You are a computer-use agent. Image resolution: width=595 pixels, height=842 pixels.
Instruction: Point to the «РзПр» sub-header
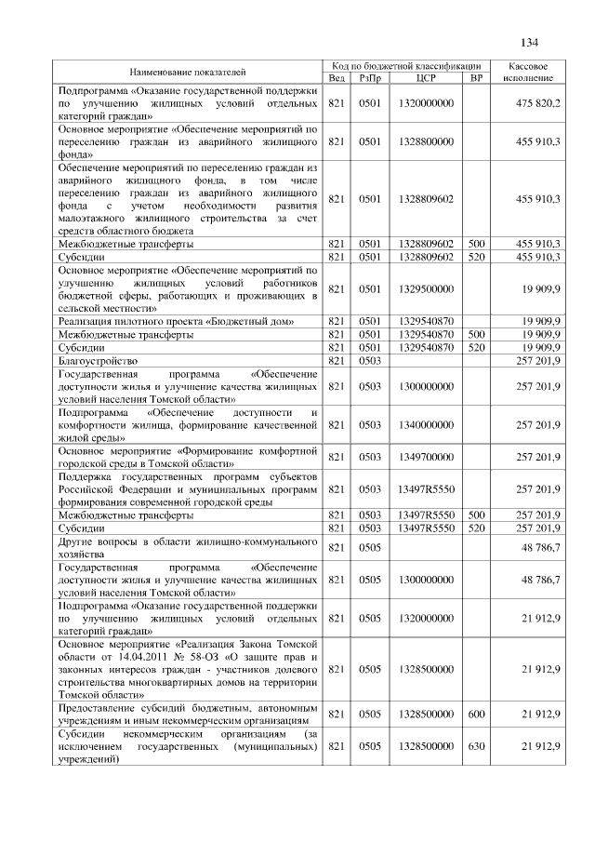click(371, 78)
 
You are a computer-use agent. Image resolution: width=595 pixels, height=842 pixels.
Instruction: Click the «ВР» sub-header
click(476, 78)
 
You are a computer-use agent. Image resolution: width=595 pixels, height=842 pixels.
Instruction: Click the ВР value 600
click(476, 713)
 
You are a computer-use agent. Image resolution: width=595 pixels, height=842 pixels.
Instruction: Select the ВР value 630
click(476, 746)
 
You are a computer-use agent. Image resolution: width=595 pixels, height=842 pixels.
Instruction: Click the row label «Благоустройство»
click(98, 359)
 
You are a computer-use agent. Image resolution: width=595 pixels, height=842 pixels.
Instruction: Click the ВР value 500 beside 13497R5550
click(476, 515)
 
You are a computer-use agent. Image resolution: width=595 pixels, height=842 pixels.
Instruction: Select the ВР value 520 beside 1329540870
click(476, 346)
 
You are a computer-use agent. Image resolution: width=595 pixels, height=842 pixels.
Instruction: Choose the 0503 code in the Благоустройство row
click(371, 359)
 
